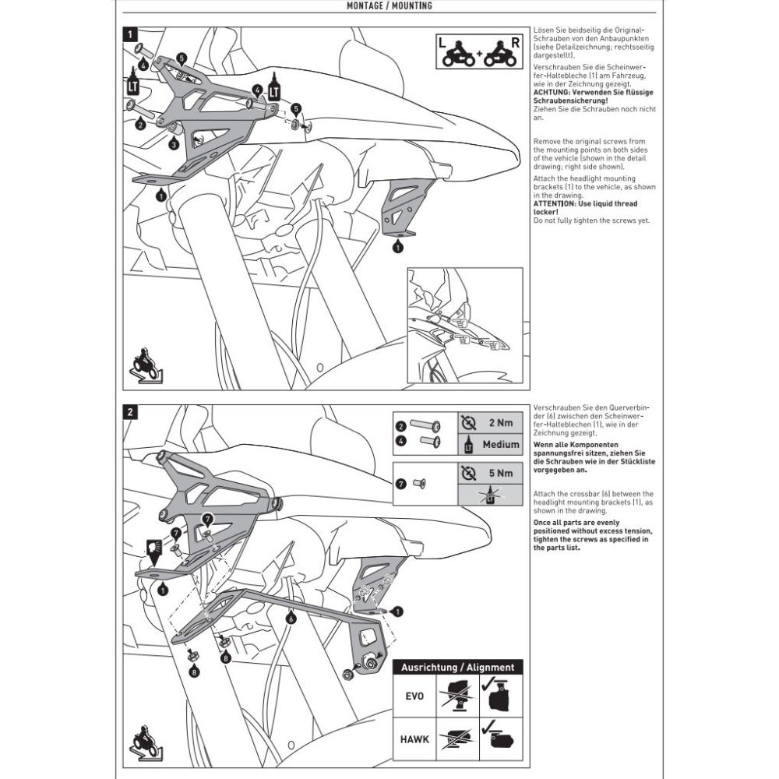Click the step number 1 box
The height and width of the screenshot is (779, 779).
130,35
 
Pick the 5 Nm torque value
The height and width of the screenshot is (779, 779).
501,472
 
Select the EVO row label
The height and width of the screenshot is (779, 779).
415,696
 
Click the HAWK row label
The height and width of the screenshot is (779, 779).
415,738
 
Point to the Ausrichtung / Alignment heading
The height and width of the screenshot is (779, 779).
458,668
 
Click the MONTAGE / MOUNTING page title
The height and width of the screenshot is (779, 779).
389,6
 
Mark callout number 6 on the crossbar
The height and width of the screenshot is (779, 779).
291,619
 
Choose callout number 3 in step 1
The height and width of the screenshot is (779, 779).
173,144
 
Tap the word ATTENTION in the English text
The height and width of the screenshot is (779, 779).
555,203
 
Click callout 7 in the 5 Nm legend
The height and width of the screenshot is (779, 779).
400,483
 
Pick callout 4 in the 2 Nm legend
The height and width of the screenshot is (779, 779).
400,440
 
